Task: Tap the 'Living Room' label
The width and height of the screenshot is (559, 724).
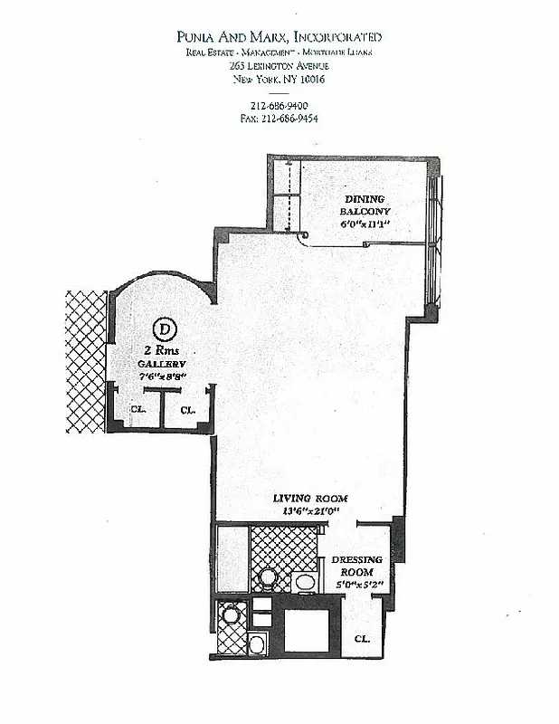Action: pyautogui.click(x=312, y=499)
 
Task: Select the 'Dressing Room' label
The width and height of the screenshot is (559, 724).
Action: pyautogui.click(x=356, y=566)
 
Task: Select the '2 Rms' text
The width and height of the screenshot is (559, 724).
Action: pyautogui.click(x=159, y=349)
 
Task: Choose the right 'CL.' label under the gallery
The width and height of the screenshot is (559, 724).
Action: pyautogui.click(x=187, y=409)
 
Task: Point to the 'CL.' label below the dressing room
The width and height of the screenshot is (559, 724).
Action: pyautogui.click(x=362, y=638)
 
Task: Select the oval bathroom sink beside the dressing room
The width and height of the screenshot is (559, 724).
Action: pyautogui.click(x=304, y=580)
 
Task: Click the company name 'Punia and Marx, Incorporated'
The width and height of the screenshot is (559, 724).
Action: pyautogui.click(x=279, y=37)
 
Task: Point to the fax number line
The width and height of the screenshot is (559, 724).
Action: pyautogui.click(x=278, y=118)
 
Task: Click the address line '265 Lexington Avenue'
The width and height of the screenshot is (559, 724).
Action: pyautogui.click(x=279, y=67)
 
